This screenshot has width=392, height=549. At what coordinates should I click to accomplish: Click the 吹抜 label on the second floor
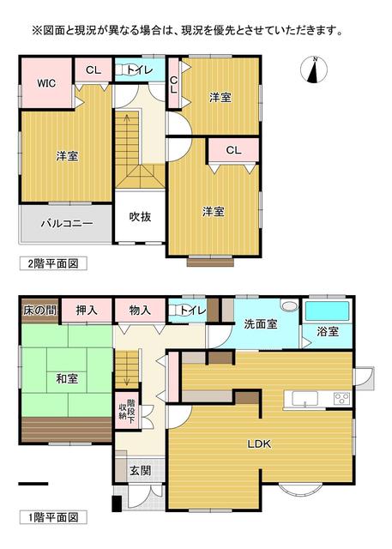(140, 216)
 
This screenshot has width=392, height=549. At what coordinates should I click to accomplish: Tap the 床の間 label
(39, 310)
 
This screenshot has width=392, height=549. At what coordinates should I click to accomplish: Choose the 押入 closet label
(87, 310)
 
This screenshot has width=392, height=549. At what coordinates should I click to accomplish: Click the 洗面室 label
(260, 325)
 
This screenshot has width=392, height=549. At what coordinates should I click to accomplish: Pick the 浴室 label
(328, 332)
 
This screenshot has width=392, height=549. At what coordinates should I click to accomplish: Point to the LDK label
(260, 443)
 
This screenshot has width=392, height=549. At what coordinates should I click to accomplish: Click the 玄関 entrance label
(140, 470)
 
